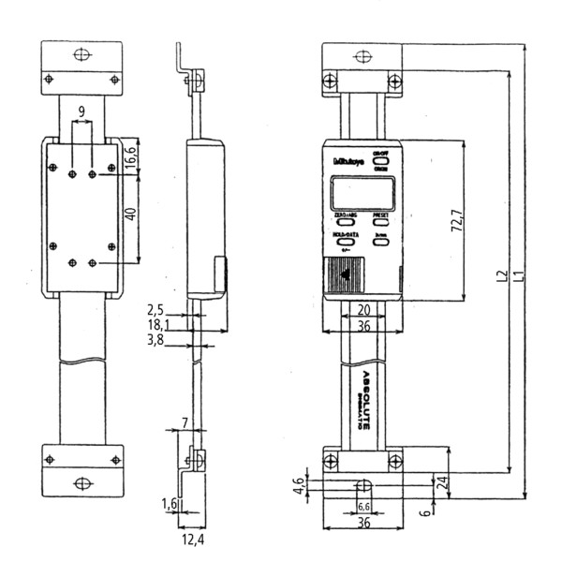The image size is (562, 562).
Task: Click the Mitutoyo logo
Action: click(x=348, y=160)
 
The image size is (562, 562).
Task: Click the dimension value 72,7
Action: click(x=459, y=222)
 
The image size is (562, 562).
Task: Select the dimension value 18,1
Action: click(x=158, y=325)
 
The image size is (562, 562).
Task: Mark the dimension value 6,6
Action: click(x=362, y=507)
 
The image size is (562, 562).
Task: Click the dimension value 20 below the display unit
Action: click(x=362, y=309)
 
